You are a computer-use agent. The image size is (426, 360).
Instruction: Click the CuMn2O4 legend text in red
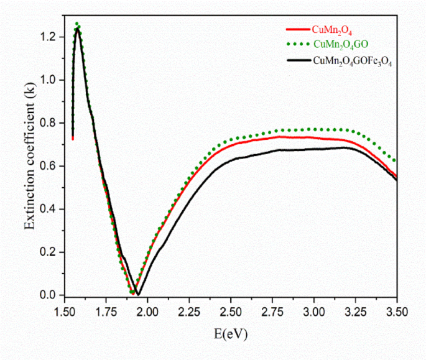tap(333, 28)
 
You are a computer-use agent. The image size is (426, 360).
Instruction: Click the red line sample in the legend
tap(296, 28)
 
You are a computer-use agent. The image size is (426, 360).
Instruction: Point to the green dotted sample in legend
tap(296, 44)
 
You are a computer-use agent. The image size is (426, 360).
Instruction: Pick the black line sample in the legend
tap(296, 60)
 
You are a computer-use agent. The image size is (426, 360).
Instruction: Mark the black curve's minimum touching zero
tap(138, 293)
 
